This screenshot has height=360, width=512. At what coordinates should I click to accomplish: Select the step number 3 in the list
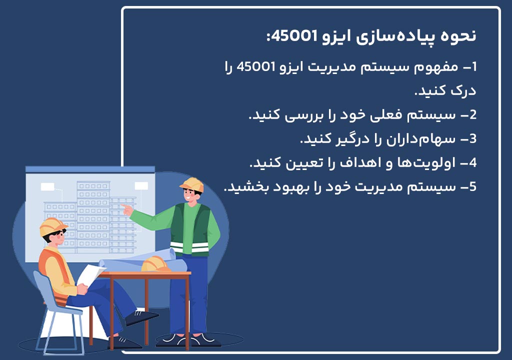pyautogui.click(x=473, y=139)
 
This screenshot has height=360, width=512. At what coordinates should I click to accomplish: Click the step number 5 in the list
pyautogui.click(x=473, y=187)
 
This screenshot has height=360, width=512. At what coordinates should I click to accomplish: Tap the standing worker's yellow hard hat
pyautogui.click(x=192, y=184)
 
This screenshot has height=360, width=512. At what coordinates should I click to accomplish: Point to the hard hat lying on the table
pyautogui.click(x=156, y=263)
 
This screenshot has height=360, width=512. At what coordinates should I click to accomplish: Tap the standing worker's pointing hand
pyautogui.click(x=127, y=208)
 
